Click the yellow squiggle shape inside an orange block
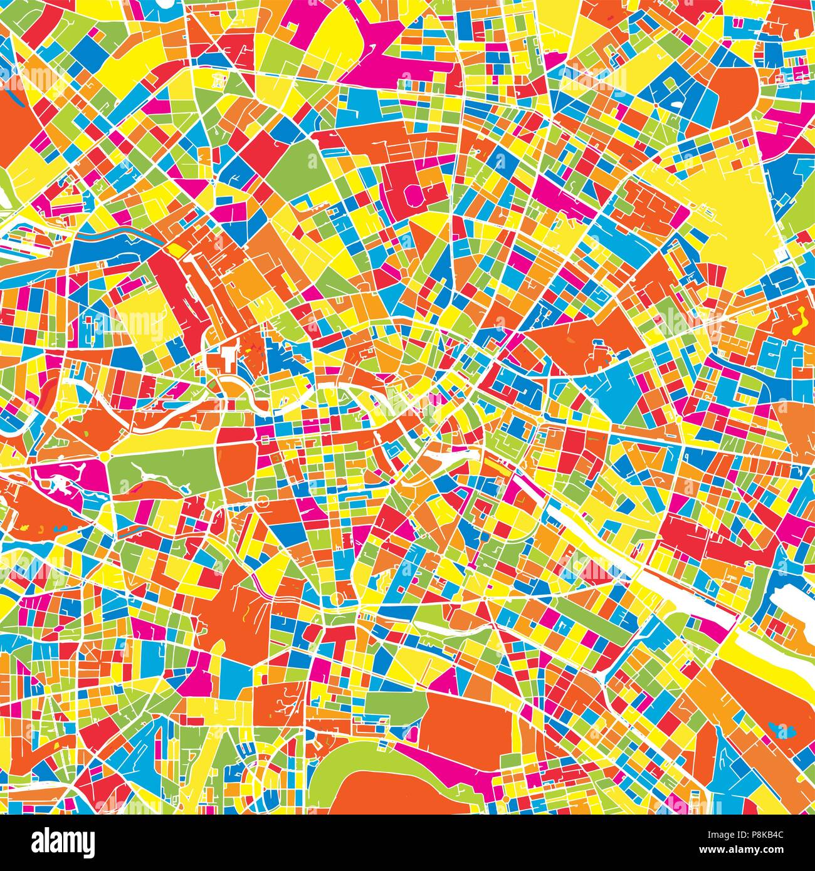[800, 319]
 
